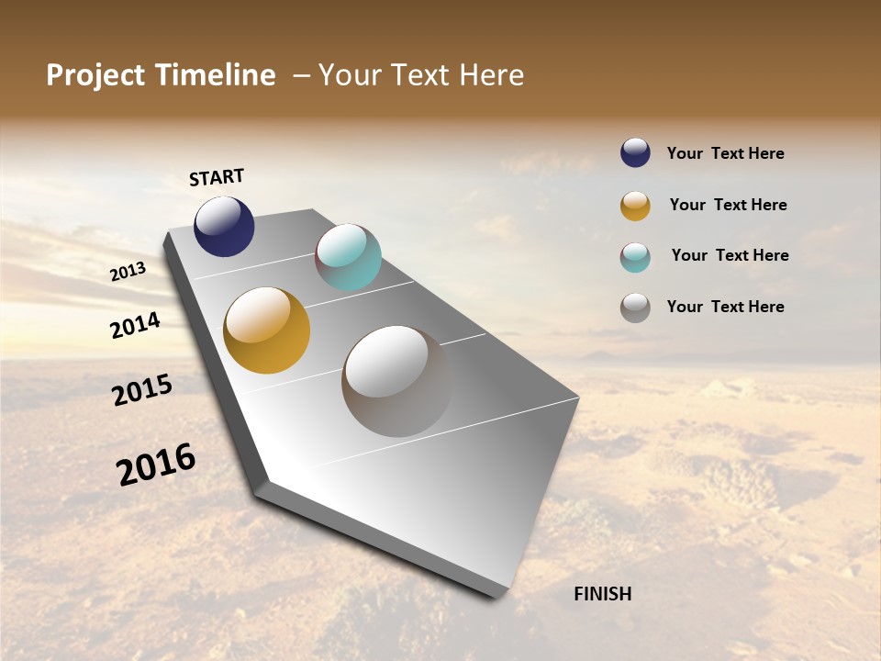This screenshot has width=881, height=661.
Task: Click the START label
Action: [x=217, y=177]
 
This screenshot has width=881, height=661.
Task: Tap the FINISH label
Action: [x=603, y=594]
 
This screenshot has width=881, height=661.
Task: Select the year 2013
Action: [x=128, y=271]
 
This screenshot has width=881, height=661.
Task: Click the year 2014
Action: [x=135, y=325]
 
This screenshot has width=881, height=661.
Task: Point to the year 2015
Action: [x=142, y=390]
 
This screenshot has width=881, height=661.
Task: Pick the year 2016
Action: [x=156, y=464]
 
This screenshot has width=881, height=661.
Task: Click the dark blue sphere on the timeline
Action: [x=224, y=226]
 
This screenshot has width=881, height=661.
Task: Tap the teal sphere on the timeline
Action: [x=348, y=257]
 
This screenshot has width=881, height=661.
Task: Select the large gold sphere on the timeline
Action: [x=267, y=330]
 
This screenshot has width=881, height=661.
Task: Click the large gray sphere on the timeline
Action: [x=396, y=381]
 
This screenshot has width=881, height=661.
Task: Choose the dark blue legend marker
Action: [x=635, y=152]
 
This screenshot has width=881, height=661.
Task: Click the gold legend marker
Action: [x=635, y=206]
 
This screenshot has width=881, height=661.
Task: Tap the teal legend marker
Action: [x=635, y=257]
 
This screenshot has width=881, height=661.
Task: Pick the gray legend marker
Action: [x=635, y=308]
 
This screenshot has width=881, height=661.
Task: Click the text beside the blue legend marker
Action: [x=725, y=153]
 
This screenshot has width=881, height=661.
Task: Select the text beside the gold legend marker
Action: [x=728, y=205]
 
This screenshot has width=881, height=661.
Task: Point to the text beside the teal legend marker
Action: [x=730, y=255]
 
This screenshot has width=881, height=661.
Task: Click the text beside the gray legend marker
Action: [x=725, y=307]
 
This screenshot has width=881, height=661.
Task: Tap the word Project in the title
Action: [x=95, y=75]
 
